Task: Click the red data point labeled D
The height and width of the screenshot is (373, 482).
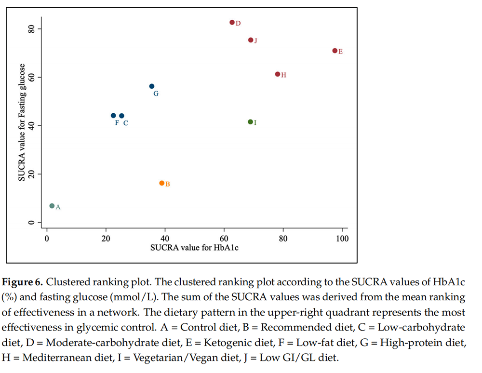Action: (x=232, y=22)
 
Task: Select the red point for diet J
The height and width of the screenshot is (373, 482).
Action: (x=251, y=40)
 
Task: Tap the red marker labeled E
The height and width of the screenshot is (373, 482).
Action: (x=335, y=51)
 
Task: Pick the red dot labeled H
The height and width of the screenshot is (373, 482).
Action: (x=278, y=74)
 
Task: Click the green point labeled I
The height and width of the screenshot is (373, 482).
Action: (x=250, y=122)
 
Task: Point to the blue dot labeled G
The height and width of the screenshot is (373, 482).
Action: (x=152, y=86)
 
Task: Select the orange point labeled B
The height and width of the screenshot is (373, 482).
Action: (x=162, y=183)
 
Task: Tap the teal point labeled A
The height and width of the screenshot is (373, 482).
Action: (x=52, y=206)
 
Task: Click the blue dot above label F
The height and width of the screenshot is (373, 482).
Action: (x=113, y=116)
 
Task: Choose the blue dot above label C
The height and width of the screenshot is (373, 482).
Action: (x=121, y=116)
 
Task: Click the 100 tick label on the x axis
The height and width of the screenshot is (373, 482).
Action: (x=342, y=239)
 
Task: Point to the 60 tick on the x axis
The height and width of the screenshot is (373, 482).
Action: (x=224, y=239)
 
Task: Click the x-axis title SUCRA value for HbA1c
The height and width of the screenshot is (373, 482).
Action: (x=195, y=248)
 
